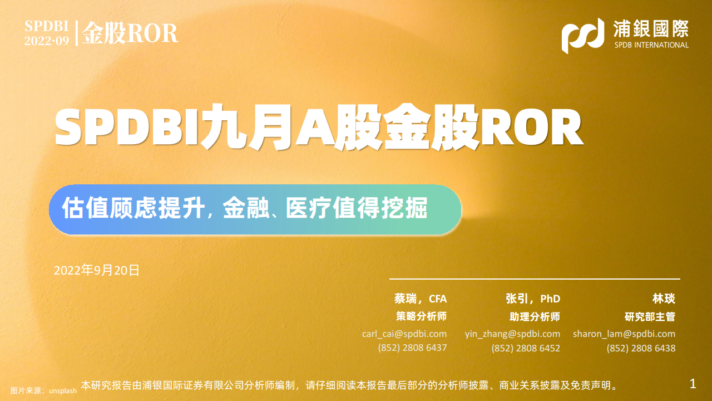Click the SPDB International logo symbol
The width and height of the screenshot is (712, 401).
coord(582,36)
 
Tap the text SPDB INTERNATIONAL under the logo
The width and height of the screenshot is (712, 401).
coord(651,45)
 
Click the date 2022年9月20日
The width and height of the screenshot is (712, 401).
coord(97,271)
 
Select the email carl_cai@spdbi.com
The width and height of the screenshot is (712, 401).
coord(404,334)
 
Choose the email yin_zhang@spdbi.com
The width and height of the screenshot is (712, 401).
coord(512,334)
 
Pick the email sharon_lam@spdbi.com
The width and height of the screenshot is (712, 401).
coord(624,334)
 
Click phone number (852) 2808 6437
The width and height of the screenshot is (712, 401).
coord(412,348)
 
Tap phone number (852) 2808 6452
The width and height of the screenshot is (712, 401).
coord(526,348)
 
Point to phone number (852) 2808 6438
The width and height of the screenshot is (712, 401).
coord(641,348)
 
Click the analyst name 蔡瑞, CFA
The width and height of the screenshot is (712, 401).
coord(421,299)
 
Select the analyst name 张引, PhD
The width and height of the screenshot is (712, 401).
coord(533,299)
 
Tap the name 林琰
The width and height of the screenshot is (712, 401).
coord(664,299)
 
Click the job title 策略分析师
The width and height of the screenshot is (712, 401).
coord(421,316)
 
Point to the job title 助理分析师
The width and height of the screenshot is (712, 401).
coord(535,317)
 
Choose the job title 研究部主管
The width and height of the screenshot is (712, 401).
coord(650,317)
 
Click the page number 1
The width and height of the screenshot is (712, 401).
coord(693,384)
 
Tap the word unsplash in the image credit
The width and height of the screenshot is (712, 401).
coord(63,391)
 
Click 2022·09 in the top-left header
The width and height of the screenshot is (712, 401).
coord(47,41)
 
